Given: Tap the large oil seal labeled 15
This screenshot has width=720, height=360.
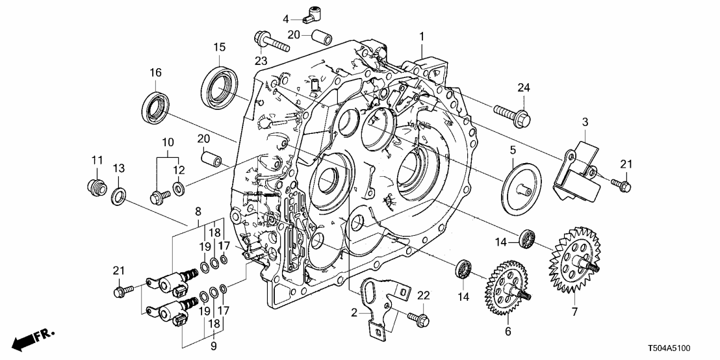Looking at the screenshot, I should pos(219,84).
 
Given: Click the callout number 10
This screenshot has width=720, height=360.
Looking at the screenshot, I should pos(168,142).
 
